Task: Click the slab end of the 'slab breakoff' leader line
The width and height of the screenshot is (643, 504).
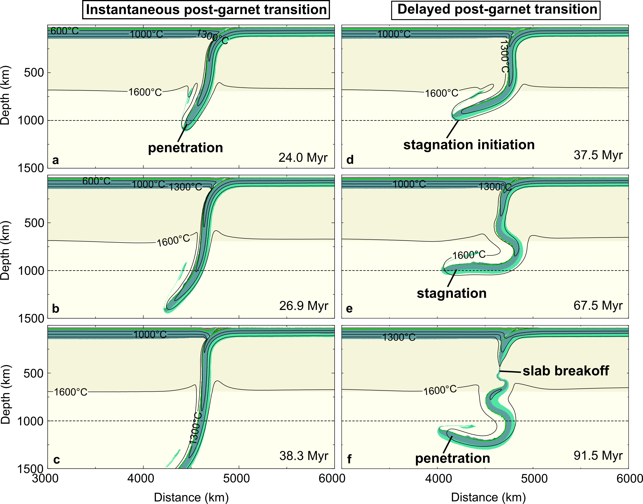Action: click(x=500, y=371)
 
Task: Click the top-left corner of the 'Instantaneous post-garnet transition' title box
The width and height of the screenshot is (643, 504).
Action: click(x=83, y=1)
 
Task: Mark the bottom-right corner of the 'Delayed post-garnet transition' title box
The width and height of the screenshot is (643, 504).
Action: click(x=600, y=20)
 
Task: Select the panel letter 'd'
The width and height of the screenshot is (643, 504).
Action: click(x=350, y=160)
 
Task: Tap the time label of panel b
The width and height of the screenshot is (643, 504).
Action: click(x=304, y=306)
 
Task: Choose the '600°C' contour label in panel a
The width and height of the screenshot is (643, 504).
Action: click(x=65, y=31)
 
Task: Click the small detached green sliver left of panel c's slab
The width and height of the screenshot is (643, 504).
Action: click(x=173, y=458)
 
